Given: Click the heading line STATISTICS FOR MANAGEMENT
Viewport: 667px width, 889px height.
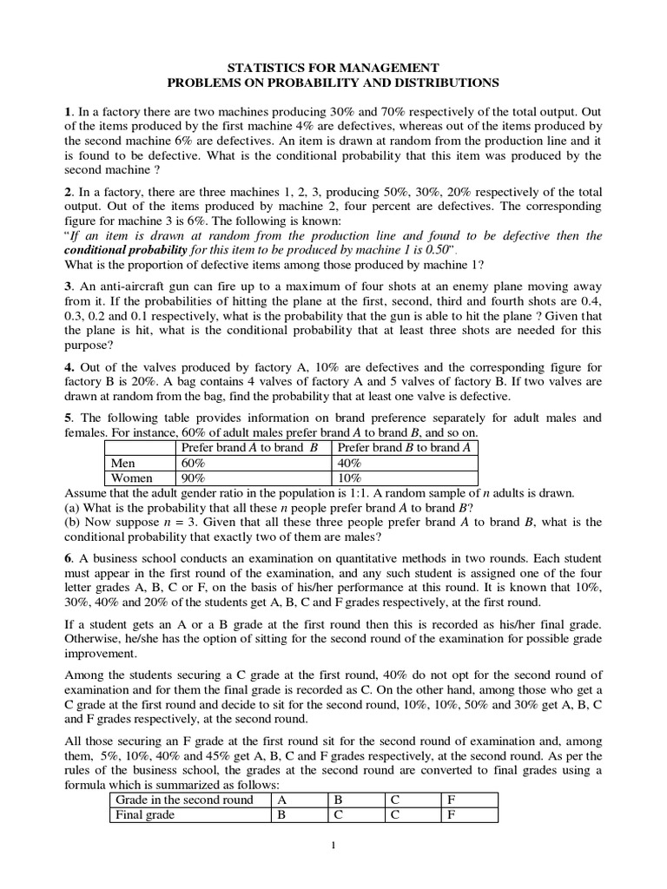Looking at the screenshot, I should coord(333,68).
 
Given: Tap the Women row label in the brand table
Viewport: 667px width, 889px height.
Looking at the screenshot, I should coord(131,477).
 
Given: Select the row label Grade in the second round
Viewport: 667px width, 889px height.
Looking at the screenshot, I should coord(184,800).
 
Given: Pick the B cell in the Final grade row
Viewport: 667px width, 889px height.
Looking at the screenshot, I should coord(281,814).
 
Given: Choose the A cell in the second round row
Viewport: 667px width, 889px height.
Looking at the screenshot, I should coord(281,800).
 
